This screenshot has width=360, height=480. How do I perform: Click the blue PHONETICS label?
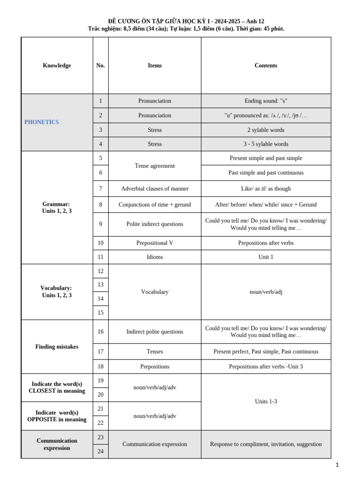[42, 122]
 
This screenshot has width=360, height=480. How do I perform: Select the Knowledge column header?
[57, 66]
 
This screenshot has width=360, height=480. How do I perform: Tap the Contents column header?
[266, 66]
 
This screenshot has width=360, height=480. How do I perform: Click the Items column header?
[155, 66]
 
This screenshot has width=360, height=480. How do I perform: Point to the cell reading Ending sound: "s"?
[266, 101]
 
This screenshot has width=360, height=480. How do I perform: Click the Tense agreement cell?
[155, 166]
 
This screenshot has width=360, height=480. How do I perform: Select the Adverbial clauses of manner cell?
[155, 189]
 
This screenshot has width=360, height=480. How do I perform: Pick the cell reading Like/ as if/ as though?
[266, 189]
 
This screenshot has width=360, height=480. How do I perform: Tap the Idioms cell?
[155, 257]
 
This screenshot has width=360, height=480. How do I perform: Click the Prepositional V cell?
[155, 243]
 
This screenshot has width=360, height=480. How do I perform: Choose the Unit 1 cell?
[266, 257]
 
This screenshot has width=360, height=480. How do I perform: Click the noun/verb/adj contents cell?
[266, 292]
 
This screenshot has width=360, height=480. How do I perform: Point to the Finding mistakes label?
[57, 347]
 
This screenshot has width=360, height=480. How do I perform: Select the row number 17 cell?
[100, 352]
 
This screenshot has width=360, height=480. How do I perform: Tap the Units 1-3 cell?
[266, 402]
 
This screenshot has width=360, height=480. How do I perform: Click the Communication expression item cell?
[155, 444]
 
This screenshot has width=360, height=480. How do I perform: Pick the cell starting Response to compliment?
[266, 444]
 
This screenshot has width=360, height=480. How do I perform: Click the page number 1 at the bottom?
[337, 465]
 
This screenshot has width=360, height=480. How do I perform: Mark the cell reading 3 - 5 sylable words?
[266, 144]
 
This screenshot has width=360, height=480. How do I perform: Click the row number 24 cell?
[100, 451]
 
